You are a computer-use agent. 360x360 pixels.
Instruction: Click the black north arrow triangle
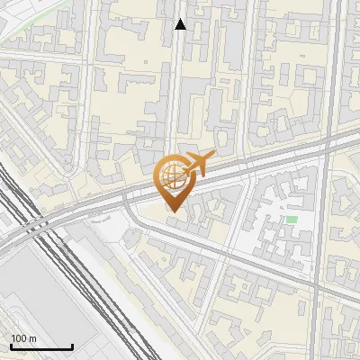click(x=180, y=24)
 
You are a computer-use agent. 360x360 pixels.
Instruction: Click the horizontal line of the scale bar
click(x=41, y=347)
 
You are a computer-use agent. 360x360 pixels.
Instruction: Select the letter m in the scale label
click(x=31, y=338)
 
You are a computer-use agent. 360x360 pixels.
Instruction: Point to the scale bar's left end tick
click(x=10, y=346)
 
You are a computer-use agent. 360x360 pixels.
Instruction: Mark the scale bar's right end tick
click(x=73, y=346)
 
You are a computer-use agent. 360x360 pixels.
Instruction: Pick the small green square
click(x=291, y=219)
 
